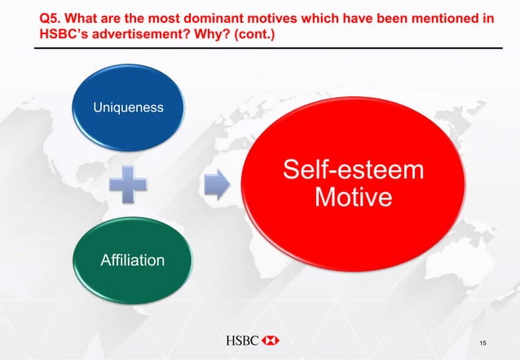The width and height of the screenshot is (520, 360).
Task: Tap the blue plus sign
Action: pos(129,183)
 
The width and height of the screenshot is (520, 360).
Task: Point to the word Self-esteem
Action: pos(354,172)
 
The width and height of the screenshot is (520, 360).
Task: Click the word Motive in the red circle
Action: pos(354,198)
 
